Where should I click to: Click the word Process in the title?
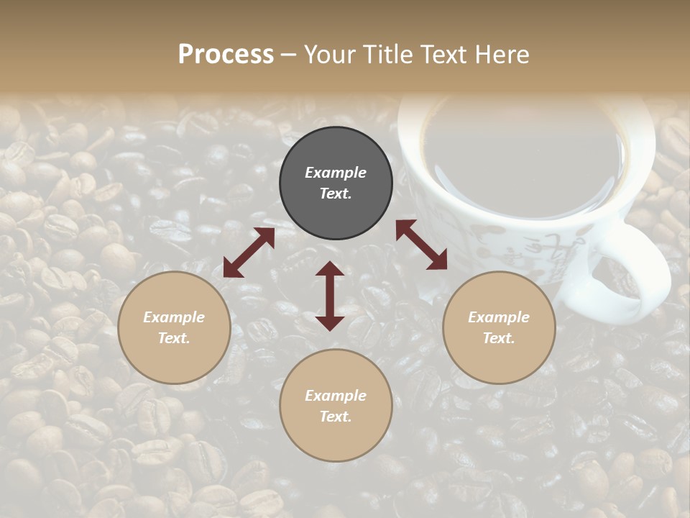point(226,55)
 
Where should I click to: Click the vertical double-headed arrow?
point(330,296)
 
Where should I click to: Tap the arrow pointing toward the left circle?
point(249,253)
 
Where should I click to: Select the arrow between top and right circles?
point(421,245)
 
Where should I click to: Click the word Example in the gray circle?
point(336,173)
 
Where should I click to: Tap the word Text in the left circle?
point(174,338)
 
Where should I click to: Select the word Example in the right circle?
point(499,317)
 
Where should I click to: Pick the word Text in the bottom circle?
point(336,417)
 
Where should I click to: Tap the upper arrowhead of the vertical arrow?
point(330,269)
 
